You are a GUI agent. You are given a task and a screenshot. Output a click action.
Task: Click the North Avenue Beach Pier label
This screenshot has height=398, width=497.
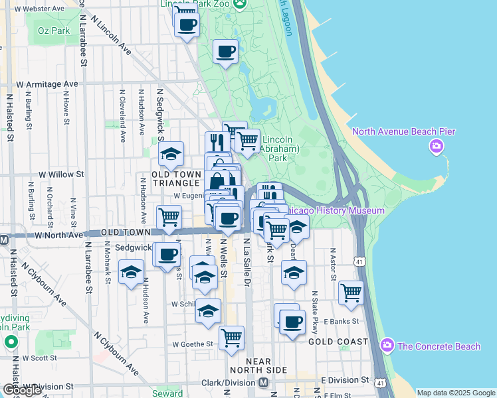coord(403,131)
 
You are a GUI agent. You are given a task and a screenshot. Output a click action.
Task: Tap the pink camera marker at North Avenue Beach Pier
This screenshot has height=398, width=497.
coord(437,147)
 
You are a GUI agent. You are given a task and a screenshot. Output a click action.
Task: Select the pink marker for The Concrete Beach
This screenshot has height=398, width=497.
coord(387,345)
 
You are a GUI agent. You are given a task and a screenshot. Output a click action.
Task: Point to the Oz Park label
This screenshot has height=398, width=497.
coord(53,31)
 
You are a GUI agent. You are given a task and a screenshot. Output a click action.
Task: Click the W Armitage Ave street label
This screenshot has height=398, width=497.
coord(47,84)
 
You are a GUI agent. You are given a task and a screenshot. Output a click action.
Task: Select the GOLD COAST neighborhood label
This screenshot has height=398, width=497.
coord(338,342)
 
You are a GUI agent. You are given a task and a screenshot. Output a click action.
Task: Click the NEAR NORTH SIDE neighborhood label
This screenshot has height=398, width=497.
coord(258,369)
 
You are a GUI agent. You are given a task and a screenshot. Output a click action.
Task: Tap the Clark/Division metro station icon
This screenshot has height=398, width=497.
coord(263,383)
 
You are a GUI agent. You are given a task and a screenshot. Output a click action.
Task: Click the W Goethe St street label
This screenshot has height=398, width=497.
coord(192,344)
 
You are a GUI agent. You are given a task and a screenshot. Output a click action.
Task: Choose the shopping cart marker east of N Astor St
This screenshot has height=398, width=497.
coord(351,292)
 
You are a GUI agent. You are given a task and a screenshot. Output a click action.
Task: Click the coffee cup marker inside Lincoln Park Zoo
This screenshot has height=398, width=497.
coord(226,50)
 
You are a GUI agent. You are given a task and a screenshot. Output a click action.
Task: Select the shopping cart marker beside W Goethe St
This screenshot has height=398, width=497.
coord(232,338)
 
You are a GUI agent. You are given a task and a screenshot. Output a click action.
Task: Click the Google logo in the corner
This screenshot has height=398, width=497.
coord(23,390)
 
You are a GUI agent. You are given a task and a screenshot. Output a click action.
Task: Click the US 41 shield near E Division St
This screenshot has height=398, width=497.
coord(379,383)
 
